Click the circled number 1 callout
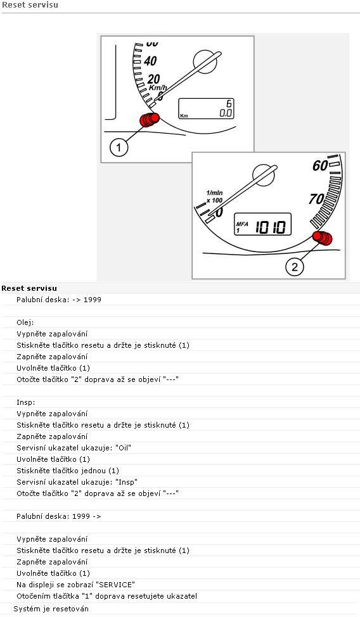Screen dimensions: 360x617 click(119, 148)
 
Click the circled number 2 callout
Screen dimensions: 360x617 click(295, 267)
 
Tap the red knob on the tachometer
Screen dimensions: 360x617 click(323, 238)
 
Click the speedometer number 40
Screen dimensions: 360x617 click(150, 61)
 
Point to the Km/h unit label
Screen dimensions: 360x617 click(158, 87)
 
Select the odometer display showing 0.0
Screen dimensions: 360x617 click(206, 108)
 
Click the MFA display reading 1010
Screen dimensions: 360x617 click(263, 224)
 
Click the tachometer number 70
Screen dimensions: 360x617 click(317, 199)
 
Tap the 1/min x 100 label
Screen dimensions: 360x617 click(214, 196)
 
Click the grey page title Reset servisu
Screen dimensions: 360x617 click(30, 5)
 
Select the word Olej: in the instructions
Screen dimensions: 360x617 click(25, 322)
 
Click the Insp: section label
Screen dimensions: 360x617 click(26, 402)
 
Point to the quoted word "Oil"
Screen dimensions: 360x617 click(123, 448)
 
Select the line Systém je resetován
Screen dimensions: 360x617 click(51, 609)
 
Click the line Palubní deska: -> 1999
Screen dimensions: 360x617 click(59, 300)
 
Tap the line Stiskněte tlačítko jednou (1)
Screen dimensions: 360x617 click(68, 471)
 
